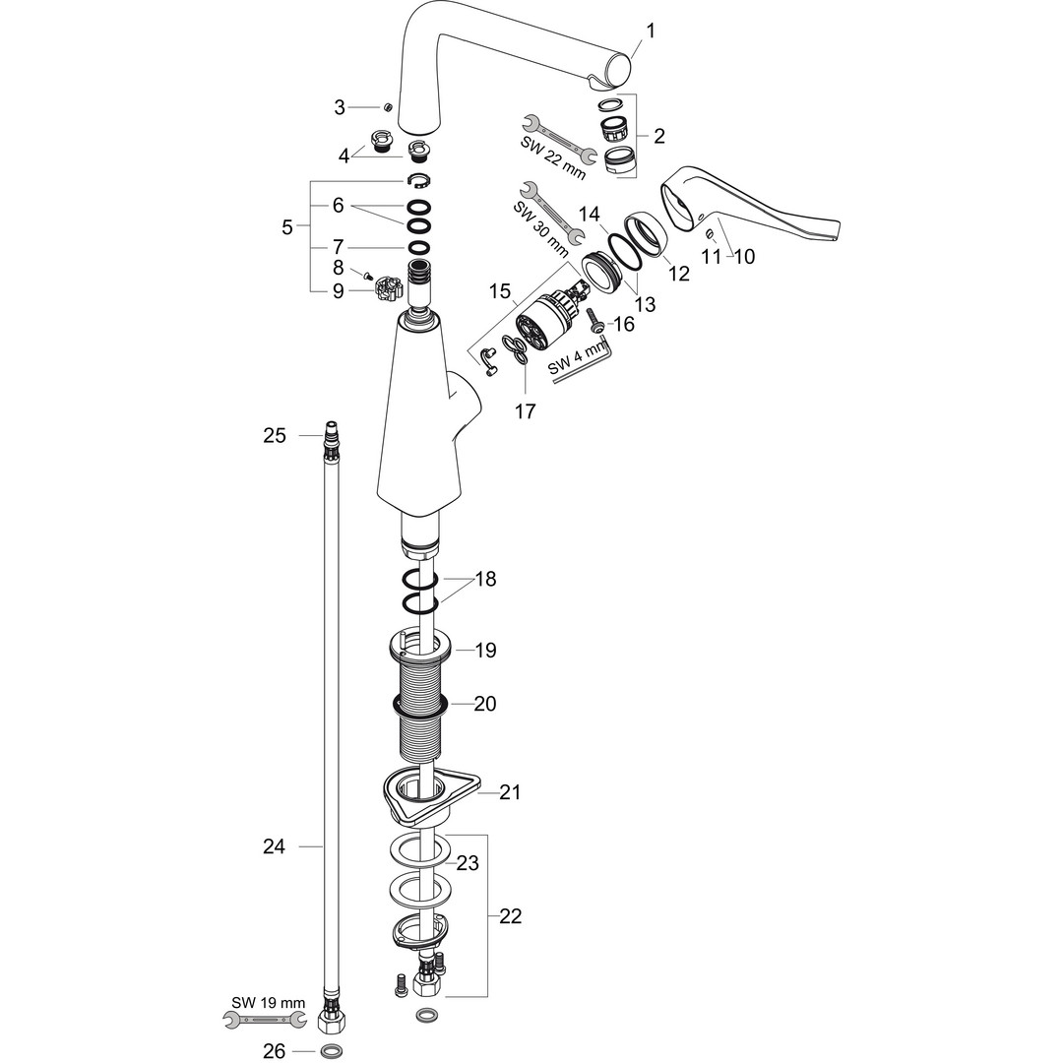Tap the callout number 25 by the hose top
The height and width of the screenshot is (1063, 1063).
coord(274,435)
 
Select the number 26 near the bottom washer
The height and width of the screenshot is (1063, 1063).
coord(274,1051)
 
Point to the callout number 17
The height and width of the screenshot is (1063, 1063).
coord(525,411)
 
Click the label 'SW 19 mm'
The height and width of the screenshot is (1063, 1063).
coord(269,1003)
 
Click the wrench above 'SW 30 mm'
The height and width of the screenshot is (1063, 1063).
coord(540,204)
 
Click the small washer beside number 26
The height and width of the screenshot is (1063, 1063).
coord(332,1051)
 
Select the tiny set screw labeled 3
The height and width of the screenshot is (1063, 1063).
coord(388,106)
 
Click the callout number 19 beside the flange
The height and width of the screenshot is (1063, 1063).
coord(484,651)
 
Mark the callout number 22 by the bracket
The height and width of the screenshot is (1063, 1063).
coord(510,916)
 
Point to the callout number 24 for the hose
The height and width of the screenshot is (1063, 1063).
coord(274,846)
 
